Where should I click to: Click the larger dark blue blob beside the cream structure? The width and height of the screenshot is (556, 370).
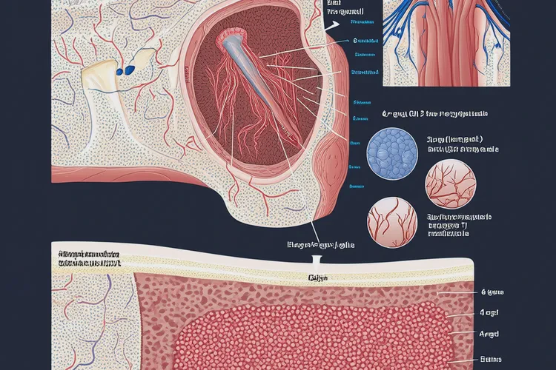coord(130,70)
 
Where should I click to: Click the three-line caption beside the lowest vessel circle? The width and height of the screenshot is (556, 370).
coord(459,224)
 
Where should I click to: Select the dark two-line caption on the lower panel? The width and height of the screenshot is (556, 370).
coord(88,258)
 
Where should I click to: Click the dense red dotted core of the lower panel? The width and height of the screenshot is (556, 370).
coord(311,333)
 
